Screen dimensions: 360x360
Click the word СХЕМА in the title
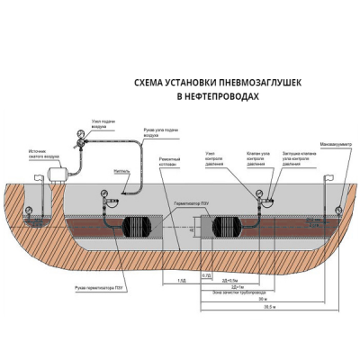pos(148,82)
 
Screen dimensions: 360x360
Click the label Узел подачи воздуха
pos(104,123)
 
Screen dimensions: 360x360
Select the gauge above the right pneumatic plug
pos(263,193)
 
